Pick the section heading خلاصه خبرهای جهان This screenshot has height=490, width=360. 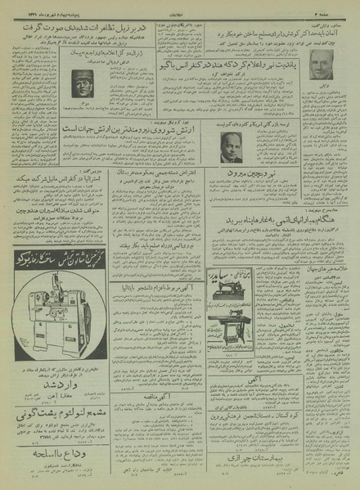click(x=328, y=246)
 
